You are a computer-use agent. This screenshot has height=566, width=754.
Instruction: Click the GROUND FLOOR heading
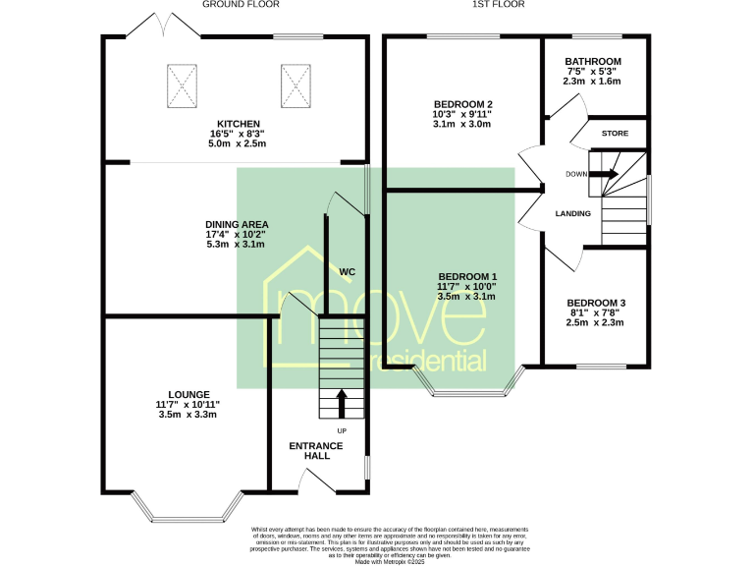[241, 5]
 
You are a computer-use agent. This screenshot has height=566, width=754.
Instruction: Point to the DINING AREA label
[237, 224]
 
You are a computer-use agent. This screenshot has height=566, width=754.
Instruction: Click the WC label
[347, 271]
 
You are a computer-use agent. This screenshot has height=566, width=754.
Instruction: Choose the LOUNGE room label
[188, 394]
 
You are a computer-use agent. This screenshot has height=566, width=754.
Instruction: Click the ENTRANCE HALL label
[316, 451]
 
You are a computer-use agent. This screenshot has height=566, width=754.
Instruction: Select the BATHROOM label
[592, 62]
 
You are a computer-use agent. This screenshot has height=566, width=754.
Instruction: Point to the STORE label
[615, 133]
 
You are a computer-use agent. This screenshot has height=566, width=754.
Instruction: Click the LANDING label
[572, 213]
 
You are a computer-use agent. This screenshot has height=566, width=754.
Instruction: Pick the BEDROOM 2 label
[462, 104]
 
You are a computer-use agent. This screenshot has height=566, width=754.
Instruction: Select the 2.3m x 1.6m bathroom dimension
[592, 82]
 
